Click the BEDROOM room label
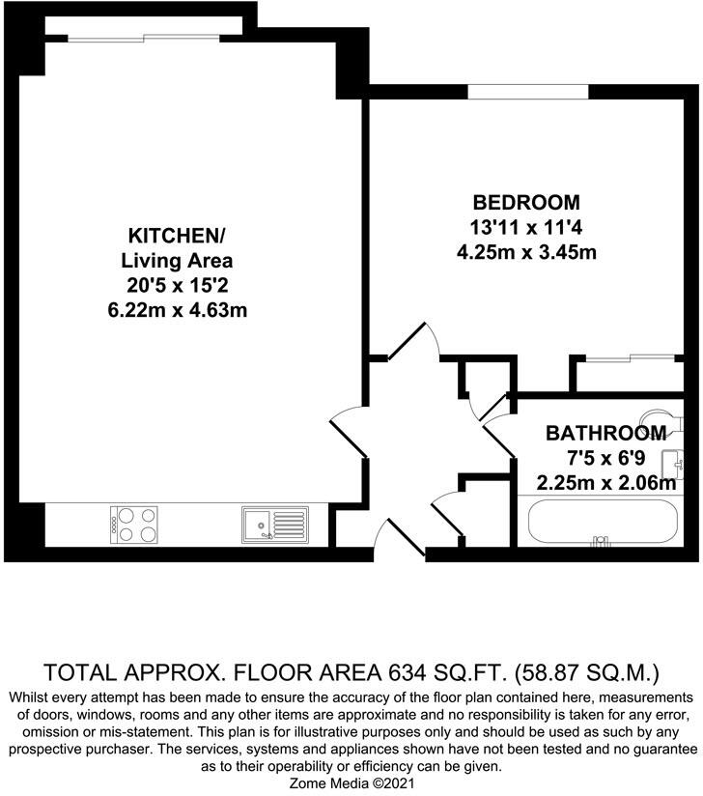tap(526, 203)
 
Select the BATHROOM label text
tap(605, 432)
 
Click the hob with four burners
tap(134, 525)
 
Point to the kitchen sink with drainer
tap(274, 525)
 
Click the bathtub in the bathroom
tap(603, 523)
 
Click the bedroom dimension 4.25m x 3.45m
tap(526, 253)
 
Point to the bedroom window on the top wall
tap(527, 93)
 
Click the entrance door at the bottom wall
tap(400, 541)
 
